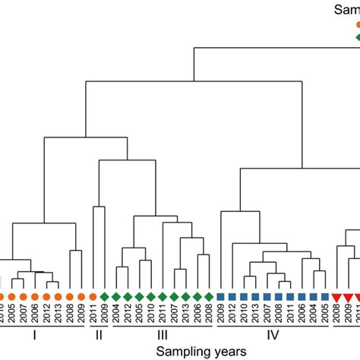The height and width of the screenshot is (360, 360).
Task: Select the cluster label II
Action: coord(99,334)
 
